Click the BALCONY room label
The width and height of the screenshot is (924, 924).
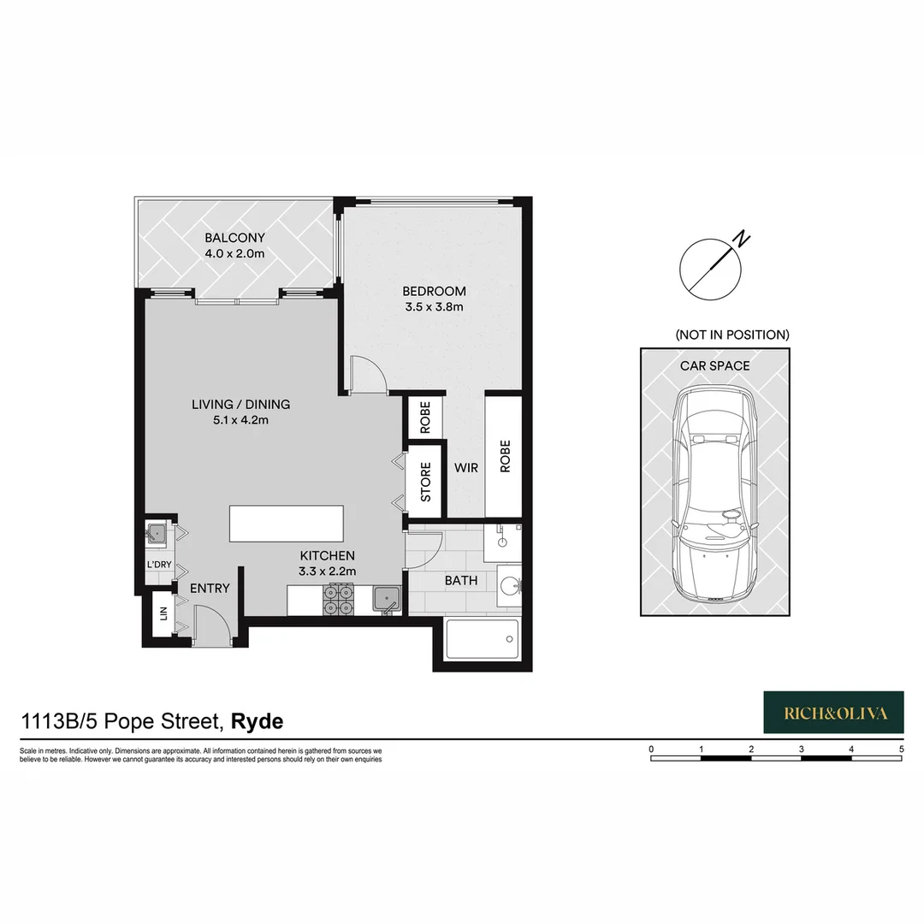tap(234, 238)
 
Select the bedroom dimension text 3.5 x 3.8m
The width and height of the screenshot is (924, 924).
tap(434, 306)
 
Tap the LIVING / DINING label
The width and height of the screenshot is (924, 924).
tap(240, 405)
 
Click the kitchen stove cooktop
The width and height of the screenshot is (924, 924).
tap(337, 599)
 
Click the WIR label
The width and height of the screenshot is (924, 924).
tap(466, 468)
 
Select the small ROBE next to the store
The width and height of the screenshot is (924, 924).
tap(425, 418)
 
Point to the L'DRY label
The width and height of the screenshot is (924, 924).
tap(159, 566)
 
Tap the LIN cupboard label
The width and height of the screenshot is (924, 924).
tap(160, 616)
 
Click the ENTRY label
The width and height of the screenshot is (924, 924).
tap(210, 588)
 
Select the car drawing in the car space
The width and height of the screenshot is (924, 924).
tap(714, 495)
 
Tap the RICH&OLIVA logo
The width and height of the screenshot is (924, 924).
tap(832, 713)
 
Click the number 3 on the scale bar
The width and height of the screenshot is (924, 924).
tap(801, 749)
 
